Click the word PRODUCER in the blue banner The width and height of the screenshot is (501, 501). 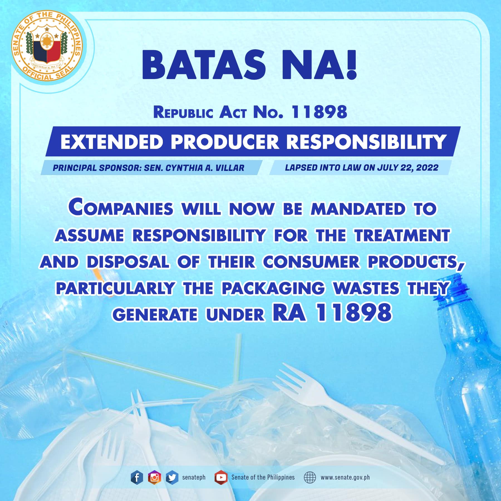point(225,142)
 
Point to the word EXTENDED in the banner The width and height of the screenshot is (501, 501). point(112,142)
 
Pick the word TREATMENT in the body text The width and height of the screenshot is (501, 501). point(402,235)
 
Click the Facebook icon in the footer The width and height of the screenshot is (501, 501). point(137,477)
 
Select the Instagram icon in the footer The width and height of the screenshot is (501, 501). point(154,477)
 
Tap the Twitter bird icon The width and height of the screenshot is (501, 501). point(172,477)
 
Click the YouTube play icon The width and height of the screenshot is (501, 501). point(221,477)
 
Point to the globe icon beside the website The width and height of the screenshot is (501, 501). point(310,477)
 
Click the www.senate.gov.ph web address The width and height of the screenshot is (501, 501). point(345,477)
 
